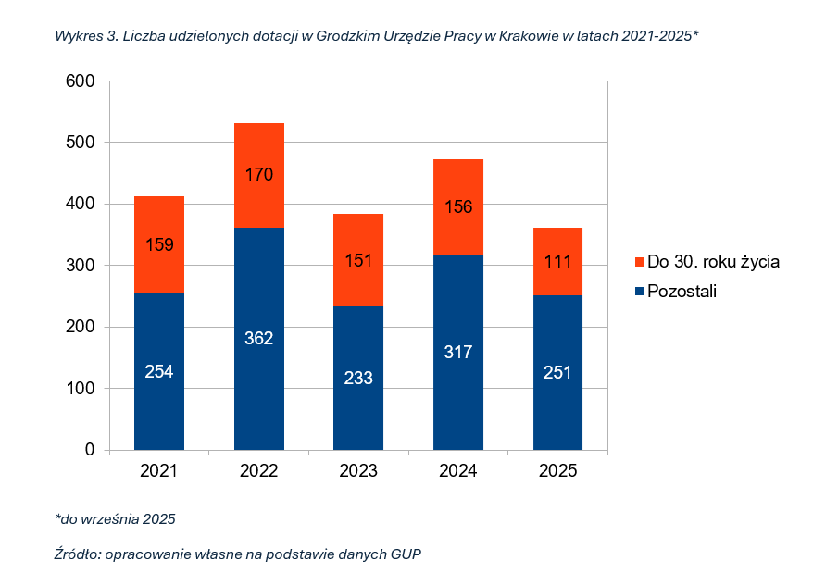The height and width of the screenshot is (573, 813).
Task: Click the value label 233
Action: [358, 377]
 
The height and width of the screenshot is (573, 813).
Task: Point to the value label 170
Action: [258, 174]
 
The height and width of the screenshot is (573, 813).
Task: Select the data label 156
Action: [458, 206]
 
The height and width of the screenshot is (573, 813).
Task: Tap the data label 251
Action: [557, 372]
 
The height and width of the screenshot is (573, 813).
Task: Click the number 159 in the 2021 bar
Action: [159, 245]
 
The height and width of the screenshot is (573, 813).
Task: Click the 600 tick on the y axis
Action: [81, 81]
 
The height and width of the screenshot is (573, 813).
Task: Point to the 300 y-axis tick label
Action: [81, 266]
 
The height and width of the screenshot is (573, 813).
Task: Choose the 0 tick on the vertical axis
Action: [90, 450]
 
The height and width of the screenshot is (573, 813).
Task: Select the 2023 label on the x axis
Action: [358, 471]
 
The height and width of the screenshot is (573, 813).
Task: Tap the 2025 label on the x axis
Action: [557, 471]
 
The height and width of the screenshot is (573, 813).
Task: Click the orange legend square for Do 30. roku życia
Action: [638, 262]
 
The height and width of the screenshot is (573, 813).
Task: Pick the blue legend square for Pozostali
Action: [638, 292]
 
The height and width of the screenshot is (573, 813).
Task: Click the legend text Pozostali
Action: [682, 292]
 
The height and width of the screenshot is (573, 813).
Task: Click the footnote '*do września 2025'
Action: [115, 518]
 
